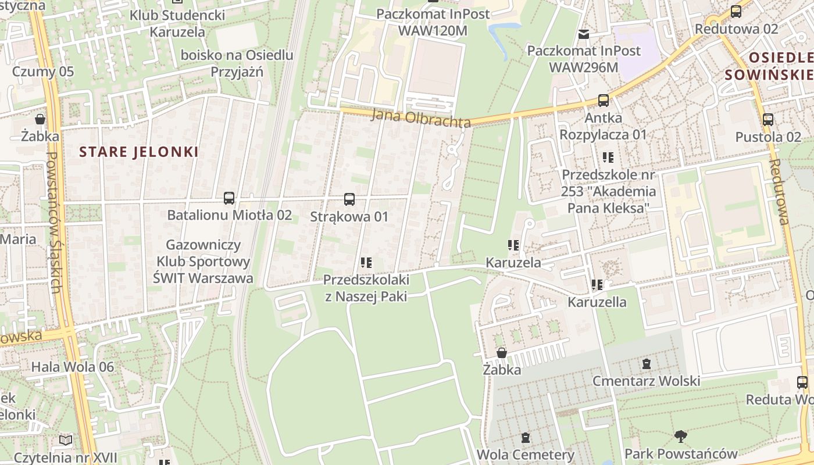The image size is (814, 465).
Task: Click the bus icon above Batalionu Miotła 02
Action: tap(229, 198)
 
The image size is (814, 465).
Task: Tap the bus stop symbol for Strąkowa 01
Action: tap(349, 199)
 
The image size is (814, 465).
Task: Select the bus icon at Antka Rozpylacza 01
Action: tap(604, 101)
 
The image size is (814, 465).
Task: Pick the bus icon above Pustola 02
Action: tap(768, 120)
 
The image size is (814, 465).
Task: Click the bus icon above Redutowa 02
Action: tap(736, 12)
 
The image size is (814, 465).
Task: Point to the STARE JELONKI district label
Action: tap(139, 152)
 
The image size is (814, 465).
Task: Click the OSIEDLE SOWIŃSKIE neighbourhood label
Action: tap(769, 66)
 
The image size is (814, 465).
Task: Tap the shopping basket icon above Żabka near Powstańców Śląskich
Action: tap(40, 120)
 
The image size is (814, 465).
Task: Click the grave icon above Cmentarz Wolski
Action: tap(646, 364)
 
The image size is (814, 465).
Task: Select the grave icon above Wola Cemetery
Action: tap(526, 438)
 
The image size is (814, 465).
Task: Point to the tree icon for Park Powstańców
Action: tap(680, 436)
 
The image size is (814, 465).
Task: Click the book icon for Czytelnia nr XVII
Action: tap(66, 441)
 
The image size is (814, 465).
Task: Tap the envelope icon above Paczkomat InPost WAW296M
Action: tap(584, 34)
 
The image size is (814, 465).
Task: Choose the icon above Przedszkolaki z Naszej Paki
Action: tap(366, 263)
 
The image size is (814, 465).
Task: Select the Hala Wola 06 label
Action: tap(73, 367)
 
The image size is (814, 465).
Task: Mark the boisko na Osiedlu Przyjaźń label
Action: tap(237, 63)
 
